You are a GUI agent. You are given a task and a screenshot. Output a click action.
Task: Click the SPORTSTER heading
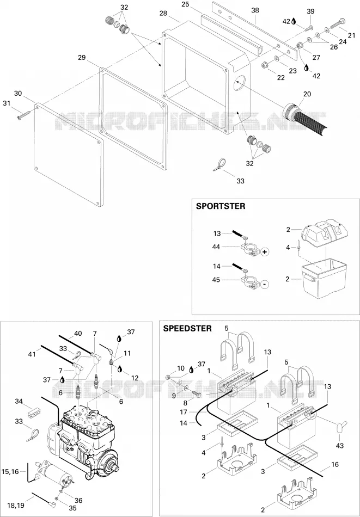221,206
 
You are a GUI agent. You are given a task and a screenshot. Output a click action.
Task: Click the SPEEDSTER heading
187,328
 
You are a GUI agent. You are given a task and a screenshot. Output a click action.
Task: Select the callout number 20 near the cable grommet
307,94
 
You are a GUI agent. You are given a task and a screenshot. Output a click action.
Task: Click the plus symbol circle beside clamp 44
265,252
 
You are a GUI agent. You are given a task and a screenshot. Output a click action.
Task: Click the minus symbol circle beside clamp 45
265,284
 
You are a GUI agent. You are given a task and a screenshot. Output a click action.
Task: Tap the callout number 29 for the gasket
82,57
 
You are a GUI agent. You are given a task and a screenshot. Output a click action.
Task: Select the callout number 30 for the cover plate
18,93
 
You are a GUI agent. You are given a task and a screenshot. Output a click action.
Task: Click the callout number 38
255,10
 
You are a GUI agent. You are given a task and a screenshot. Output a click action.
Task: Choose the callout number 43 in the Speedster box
339,446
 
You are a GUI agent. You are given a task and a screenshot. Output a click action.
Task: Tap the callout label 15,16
10,471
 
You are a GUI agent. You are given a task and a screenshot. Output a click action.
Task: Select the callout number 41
32,354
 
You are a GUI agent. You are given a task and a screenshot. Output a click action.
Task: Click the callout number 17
184,412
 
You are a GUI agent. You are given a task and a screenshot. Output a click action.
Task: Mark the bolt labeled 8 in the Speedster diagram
194,393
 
